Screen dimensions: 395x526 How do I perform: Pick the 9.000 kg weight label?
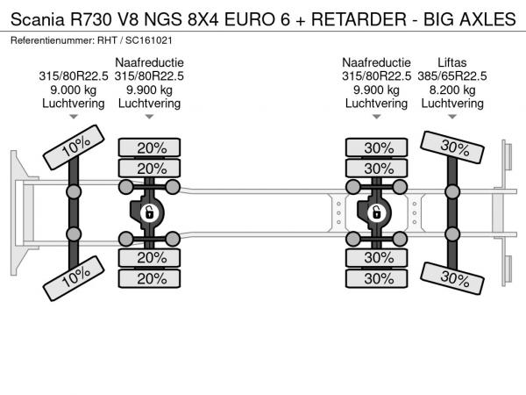click(x=73, y=90)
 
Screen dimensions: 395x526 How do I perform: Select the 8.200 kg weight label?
click(x=452, y=90)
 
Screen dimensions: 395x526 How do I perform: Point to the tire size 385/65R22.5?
click(x=452, y=75)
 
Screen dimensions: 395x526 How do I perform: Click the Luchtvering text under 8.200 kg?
click(x=452, y=103)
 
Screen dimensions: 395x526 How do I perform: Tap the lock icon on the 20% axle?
click(x=150, y=212)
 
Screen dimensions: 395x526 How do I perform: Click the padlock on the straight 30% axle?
click(x=376, y=212)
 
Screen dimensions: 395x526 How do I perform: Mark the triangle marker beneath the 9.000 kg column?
click(x=73, y=117)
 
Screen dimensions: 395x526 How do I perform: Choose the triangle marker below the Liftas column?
click(x=452, y=117)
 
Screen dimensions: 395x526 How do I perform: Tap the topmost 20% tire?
click(x=151, y=147)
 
